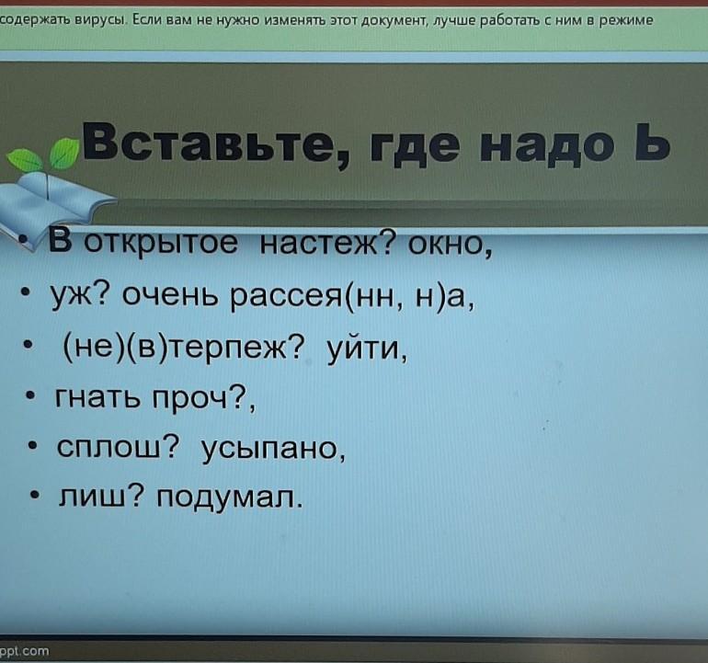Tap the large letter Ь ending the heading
652,141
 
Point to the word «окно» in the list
450,245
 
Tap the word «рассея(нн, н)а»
352,297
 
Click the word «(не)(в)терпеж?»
184,348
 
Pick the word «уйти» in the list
367,349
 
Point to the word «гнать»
97,396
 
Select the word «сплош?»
118,447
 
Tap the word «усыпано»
273,449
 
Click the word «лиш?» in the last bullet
101,496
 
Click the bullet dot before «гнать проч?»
30,397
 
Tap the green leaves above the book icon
42,155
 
